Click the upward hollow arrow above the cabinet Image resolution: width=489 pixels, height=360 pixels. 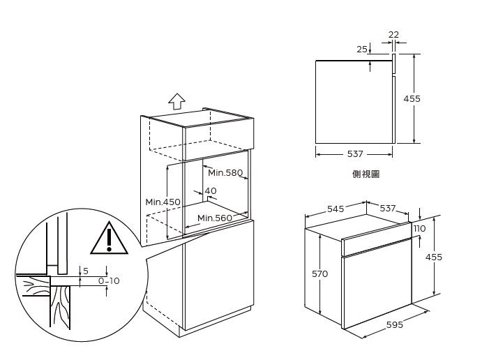pyautogui.click(x=176, y=101)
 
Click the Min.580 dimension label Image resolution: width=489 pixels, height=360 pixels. pyautogui.click(x=225, y=172)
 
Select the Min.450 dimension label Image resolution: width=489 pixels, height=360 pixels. pyautogui.click(x=163, y=202)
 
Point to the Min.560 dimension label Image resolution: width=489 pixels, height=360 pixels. pyautogui.click(x=215, y=218)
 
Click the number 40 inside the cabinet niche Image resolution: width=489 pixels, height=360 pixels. pyautogui.click(x=211, y=190)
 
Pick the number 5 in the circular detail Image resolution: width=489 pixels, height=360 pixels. pyautogui.click(x=86, y=271)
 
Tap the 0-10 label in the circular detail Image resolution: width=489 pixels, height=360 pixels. pyautogui.click(x=109, y=280)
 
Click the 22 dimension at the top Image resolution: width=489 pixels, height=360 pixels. pyautogui.click(x=393, y=34)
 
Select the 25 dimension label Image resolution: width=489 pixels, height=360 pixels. pyautogui.click(x=362, y=50)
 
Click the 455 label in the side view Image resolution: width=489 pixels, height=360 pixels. pyautogui.click(x=412, y=98)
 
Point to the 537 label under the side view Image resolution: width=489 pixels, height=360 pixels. pyautogui.click(x=355, y=153)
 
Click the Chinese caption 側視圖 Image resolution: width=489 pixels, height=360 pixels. pyautogui.click(x=366, y=174)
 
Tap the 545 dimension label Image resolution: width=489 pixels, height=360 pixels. pyautogui.click(x=336, y=209)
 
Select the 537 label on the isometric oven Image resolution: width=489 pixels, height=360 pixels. pyautogui.click(x=388, y=208)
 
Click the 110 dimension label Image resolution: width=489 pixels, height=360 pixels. pyautogui.click(x=419, y=229)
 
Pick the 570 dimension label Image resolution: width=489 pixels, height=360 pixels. pyautogui.click(x=320, y=273)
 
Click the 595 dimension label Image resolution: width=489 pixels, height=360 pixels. pyautogui.click(x=395, y=324)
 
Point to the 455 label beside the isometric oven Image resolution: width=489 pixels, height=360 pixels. pyautogui.click(x=434, y=257)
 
